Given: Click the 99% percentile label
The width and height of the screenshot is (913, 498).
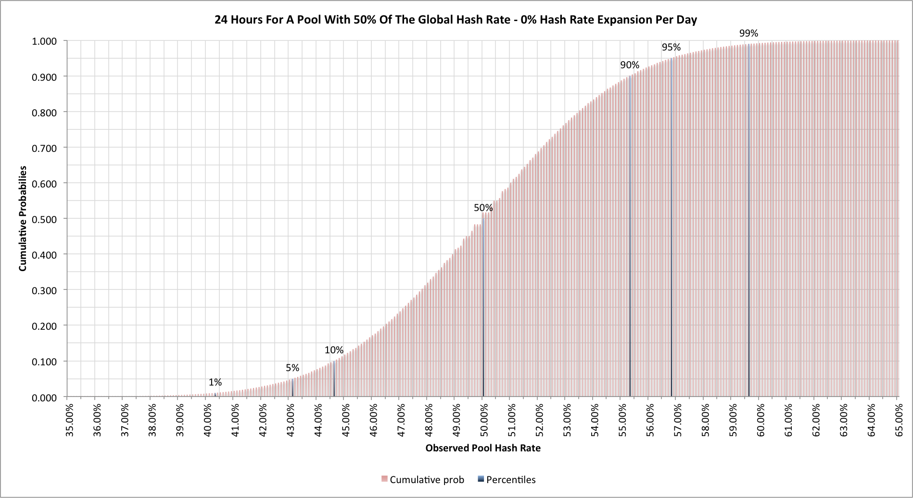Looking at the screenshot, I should coord(748,33).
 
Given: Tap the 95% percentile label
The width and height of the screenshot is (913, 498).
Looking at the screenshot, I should coord(671,47).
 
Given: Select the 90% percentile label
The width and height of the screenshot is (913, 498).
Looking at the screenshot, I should coord(630,65).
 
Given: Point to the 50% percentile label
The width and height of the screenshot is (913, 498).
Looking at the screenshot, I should coord(483,208).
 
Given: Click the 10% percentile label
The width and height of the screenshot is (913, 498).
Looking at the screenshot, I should coord(334,350).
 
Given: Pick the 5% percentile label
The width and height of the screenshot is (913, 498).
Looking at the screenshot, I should coord(292,368).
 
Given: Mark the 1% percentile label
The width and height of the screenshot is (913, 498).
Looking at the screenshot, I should coord(215,382).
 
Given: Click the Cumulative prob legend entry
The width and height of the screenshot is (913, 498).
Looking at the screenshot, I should coord(426,480).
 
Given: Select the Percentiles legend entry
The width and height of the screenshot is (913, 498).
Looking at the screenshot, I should coord(510,480).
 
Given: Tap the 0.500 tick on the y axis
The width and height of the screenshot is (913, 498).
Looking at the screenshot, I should coord(44,219).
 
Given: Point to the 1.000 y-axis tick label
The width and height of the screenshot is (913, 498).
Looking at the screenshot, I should coord(44,41).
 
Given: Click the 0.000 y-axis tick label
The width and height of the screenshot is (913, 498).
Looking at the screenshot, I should coord(44,398).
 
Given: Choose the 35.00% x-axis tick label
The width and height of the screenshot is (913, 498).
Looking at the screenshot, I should coord(70,420).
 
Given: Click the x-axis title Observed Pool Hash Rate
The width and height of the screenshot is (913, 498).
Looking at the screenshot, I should coord(483,448).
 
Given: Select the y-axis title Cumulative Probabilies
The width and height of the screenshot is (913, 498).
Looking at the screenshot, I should coord(23,219).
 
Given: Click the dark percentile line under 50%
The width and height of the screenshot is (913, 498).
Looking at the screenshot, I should coord(483,312).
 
